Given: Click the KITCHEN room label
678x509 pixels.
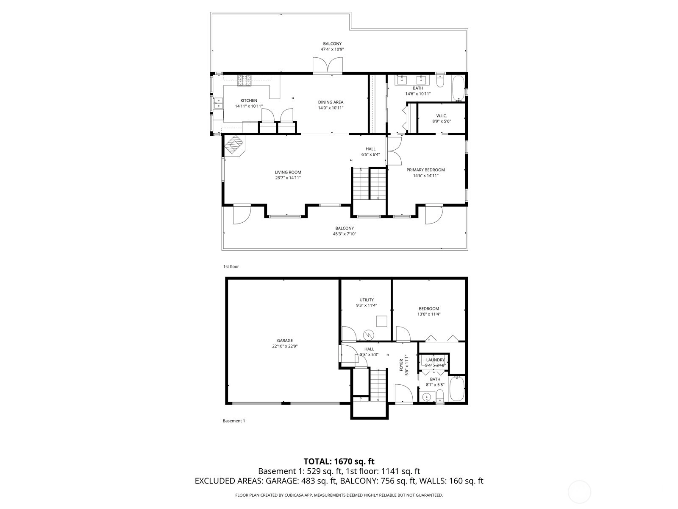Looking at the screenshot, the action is [x=249, y=101].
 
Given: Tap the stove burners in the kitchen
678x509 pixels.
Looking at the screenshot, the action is [x=245, y=80].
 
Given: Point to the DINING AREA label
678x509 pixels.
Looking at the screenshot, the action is [x=331, y=102].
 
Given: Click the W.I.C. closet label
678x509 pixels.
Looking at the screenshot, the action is [x=442, y=116].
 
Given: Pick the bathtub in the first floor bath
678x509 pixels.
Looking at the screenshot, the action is [x=458, y=88].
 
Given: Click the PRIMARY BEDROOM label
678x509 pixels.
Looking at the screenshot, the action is [x=425, y=170].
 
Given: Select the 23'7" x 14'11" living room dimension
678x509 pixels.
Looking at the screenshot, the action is [x=288, y=178].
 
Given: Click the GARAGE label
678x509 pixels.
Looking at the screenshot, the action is [x=284, y=341].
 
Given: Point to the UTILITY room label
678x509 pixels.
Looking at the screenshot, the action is [x=367, y=300].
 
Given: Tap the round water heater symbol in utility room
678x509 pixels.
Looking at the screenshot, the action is [x=369, y=334].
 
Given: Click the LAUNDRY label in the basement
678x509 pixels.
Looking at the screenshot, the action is [x=435, y=360].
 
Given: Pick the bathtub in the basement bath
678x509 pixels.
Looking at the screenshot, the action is [x=457, y=389].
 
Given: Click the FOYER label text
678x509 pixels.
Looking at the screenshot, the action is [x=401, y=365].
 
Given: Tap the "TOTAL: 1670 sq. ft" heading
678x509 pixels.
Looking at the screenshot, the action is [x=339, y=462].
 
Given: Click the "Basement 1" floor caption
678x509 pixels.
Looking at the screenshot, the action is [x=234, y=421].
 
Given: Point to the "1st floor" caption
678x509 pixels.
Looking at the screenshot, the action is [x=231, y=266].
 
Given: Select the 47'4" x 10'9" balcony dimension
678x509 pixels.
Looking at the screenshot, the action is [x=332, y=49].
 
